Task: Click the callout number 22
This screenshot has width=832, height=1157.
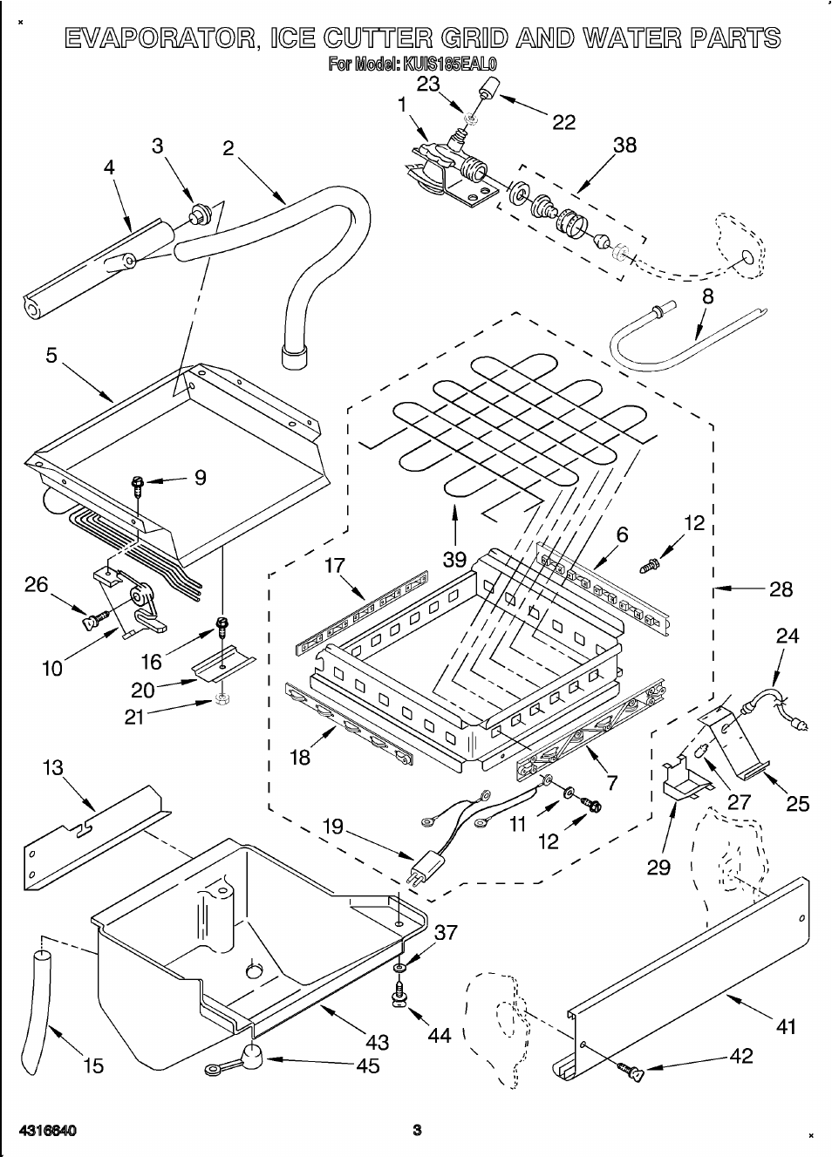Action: click(564, 122)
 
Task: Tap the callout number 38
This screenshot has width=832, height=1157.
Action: click(625, 146)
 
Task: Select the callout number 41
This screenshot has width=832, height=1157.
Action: click(786, 1027)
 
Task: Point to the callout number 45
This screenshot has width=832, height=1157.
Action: click(368, 1065)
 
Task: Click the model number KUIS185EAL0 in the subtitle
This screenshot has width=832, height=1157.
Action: click(450, 64)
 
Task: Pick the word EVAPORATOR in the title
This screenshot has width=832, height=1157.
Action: click(160, 38)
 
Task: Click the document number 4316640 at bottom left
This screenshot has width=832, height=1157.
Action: click(48, 1131)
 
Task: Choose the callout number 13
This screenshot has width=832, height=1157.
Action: click(52, 768)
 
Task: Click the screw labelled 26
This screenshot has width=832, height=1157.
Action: click(91, 620)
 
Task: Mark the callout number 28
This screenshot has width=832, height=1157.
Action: click(781, 589)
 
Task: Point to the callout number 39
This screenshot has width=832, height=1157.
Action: click(454, 559)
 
